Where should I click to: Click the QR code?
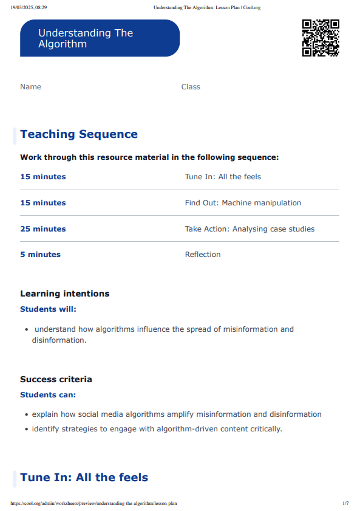321,38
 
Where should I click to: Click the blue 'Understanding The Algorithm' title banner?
100,38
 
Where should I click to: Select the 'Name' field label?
30,87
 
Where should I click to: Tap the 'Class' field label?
191,87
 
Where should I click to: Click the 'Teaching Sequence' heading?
79,134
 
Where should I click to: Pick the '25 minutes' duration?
43,229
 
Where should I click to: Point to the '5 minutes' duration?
40,255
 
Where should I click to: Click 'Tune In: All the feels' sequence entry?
223,177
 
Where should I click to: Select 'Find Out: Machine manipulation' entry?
243,203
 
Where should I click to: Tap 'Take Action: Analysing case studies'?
250,229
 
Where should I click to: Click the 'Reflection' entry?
203,255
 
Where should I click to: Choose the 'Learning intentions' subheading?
65,293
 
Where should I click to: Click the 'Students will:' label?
49,309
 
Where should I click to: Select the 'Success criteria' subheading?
56,379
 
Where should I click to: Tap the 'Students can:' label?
48,394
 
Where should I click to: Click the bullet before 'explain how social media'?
27,415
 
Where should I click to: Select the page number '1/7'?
345,503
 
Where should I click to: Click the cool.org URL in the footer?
94,503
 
